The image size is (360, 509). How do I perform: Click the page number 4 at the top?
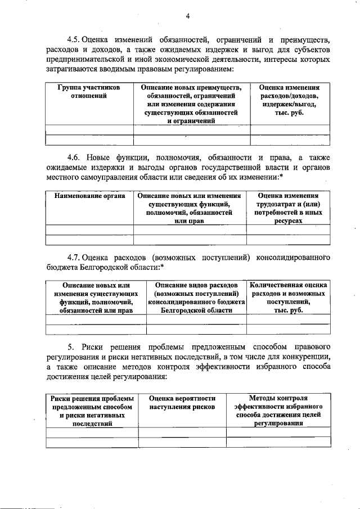coord(188,17)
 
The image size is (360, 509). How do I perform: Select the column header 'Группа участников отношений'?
coord(89,92)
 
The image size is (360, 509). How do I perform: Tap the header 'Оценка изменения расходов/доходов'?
coord(289,100)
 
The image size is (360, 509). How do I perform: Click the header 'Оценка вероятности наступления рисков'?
coord(182,402)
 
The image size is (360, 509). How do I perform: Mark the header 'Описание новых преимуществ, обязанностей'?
coord(191,104)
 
